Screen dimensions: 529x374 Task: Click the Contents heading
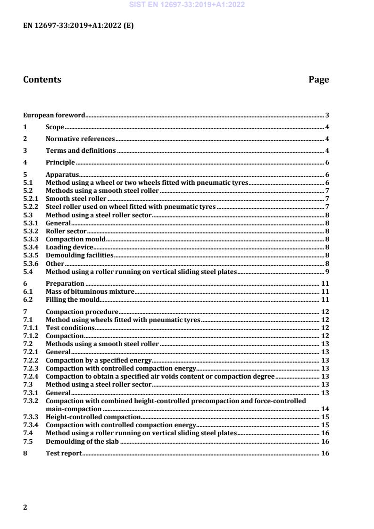pyautogui.click(x=42, y=80)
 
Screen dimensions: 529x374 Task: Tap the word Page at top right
pyautogui.click(x=319, y=80)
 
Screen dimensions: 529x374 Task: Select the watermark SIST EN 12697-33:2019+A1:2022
pyautogui.click(x=187, y=5)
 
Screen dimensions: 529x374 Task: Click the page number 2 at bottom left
pyautogui.click(x=25, y=507)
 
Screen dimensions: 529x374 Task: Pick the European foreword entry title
pyautogui.click(x=54, y=115)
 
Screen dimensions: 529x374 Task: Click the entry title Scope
pyautogui.click(x=55, y=127)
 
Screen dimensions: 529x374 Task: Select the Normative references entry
pyautogui.click(x=80, y=139)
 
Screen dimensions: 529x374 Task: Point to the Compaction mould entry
pyautogui.click(x=72, y=239)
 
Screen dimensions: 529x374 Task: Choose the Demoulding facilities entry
pyautogui.click(x=79, y=255)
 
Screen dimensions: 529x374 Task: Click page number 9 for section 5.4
pyautogui.click(x=327, y=272)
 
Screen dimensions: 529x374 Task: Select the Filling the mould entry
pyautogui.click(x=72, y=299)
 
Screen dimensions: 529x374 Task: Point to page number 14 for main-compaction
pyautogui.click(x=325, y=409)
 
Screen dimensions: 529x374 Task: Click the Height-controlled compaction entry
pyautogui.click(x=93, y=417)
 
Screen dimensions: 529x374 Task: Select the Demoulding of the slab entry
pyautogui.click(x=82, y=441)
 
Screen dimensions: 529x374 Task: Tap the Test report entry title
pyautogui.click(x=64, y=453)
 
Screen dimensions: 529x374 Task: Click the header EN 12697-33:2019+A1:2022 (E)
pyautogui.click(x=78, y=26)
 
